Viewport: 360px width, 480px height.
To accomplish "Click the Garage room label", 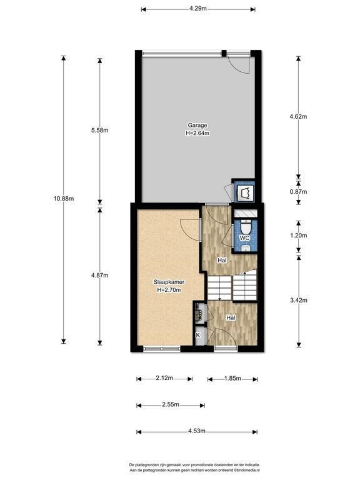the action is [197, 125].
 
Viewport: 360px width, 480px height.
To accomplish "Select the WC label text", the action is [244, 238].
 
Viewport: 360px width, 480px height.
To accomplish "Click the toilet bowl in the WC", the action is [246, 228].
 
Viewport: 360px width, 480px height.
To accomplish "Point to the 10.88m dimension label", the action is [64, 198].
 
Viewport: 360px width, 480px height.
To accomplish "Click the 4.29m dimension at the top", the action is [197, 9].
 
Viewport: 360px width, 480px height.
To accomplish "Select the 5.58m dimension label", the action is [100, 130].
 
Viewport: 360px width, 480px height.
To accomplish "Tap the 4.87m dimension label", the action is [100, 275].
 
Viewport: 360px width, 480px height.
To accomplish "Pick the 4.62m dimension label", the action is [299, 116].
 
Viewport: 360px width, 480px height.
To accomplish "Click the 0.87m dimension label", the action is [299, 192].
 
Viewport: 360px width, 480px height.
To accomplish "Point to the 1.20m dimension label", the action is [299, 236].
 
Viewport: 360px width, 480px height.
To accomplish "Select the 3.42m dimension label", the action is [299, 300].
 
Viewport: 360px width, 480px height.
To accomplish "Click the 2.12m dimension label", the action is [164, 378].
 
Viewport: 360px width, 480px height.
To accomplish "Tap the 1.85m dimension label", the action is [232, 378].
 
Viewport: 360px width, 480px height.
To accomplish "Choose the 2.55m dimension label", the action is [171, 404].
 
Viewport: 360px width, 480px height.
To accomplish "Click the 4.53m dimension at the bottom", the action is [197, 431].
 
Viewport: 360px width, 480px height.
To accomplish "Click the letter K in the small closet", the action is [197, 335].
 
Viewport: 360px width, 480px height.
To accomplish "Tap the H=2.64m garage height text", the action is [197, 133].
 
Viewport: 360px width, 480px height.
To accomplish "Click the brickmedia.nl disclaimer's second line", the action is [195, 470].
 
